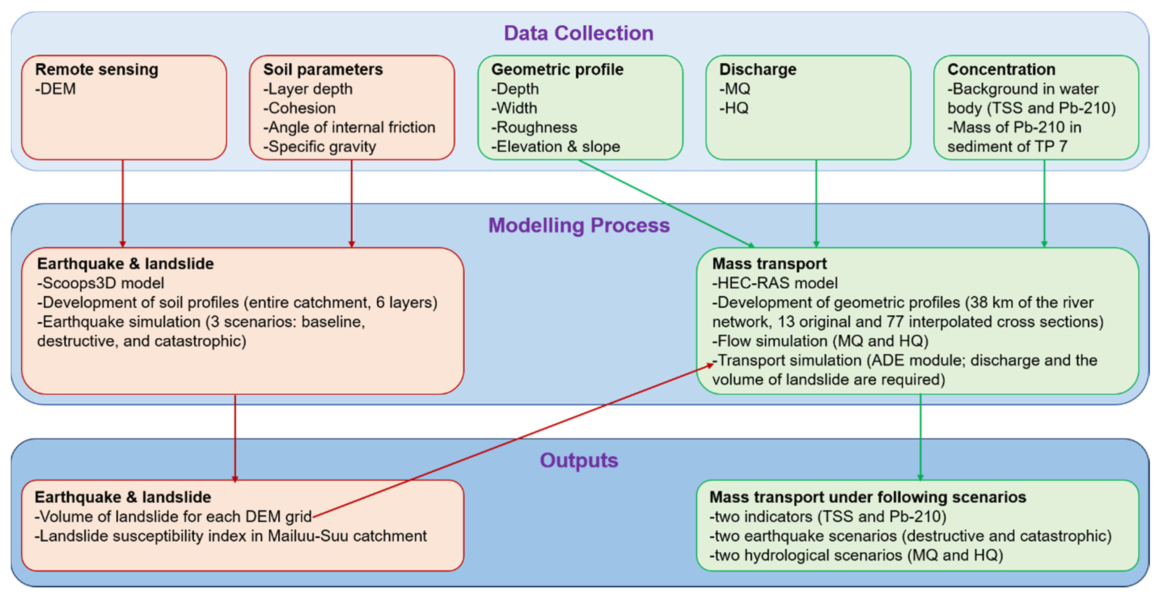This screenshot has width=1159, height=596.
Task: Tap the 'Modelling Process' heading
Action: tap(579, 225)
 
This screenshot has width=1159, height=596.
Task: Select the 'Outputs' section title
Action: tap(579, 460)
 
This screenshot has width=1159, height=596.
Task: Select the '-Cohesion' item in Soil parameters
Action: tap(300, 108)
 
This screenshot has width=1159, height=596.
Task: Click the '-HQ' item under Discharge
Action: tap(734, 108)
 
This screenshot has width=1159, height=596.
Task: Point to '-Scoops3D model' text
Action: tap(100, 283)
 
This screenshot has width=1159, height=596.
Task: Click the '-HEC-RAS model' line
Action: tap(774, 283)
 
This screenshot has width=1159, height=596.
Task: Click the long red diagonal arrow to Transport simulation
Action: tap(513, 440)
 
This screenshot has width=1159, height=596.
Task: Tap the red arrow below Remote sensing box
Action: tap(123, 202)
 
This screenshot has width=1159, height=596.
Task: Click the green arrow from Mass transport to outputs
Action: tap(920, 436)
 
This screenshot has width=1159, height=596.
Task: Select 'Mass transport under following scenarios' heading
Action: tap(867, 497)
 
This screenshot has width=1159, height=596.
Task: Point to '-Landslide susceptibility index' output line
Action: tap(231, 536)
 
